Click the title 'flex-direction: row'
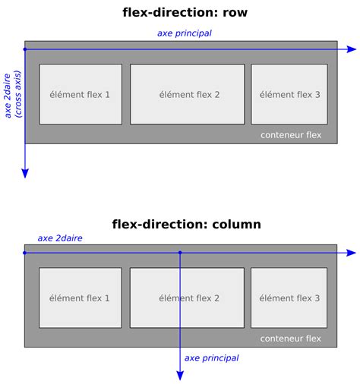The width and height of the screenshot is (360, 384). (185, 13)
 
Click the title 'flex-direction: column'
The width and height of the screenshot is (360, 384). (186, 224)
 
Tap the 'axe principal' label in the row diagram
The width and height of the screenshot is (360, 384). (184, 33)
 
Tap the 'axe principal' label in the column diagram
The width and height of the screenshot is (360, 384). (211, 357)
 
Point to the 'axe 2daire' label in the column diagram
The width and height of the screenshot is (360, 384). (60, 238)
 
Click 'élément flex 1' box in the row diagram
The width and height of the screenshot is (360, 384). (80, 94)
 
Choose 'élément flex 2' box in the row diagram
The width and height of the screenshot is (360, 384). (188, 94)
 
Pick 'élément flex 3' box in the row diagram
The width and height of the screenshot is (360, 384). (289, 94)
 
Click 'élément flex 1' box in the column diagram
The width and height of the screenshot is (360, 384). (80, 297)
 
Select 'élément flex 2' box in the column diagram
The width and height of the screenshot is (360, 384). (188, 297)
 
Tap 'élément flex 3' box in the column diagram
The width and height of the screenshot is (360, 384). (289, 297)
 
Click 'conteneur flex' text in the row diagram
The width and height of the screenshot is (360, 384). (291, 135)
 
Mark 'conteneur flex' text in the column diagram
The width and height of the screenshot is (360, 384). (291, 338)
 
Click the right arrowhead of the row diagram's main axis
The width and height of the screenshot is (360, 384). (351, 49)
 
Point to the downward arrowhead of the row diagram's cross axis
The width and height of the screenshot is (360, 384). (25, 173)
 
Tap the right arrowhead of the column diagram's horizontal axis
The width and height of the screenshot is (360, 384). (351, 253)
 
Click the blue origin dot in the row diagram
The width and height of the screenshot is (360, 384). (25, 49)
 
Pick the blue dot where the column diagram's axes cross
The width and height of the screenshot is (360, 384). (180, 253)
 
